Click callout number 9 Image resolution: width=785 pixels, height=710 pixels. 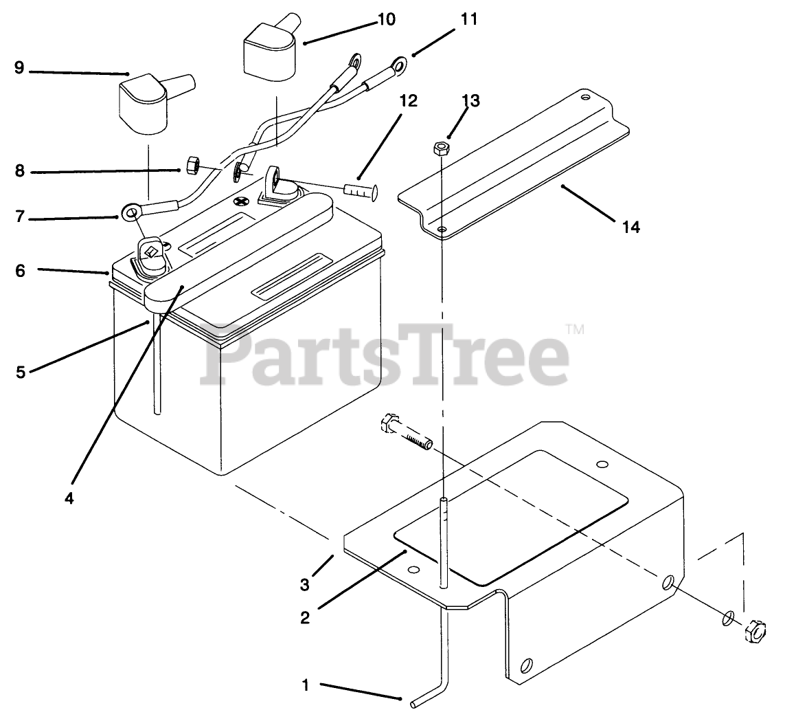coord(19,68)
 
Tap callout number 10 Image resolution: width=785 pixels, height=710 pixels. coord(386,19)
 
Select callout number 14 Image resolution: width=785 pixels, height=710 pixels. coord(630,226)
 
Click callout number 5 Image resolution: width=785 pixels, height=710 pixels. coord(21,372)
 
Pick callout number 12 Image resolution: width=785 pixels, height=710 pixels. coord(407,101)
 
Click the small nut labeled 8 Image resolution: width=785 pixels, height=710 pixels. coord(194,165)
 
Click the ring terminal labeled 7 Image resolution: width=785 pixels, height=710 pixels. coord(130,214)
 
